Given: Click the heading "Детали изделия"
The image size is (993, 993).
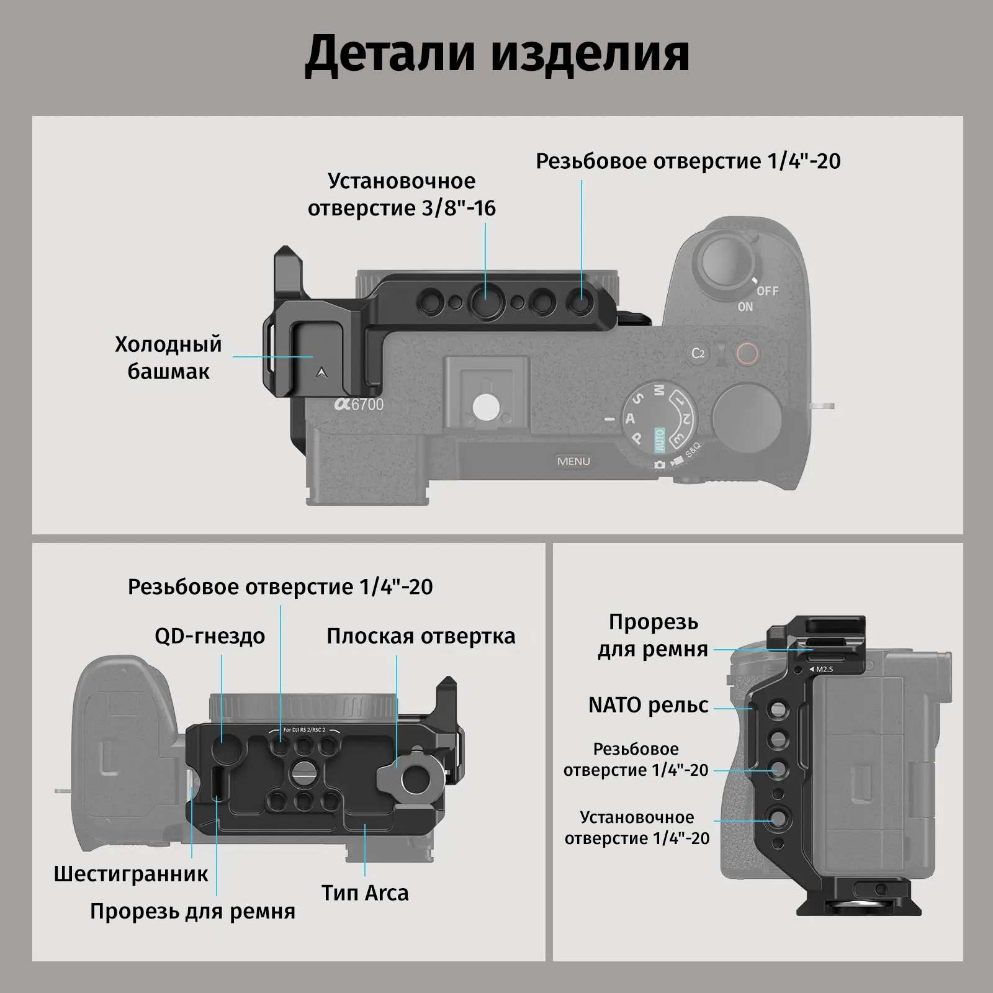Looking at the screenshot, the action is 496,54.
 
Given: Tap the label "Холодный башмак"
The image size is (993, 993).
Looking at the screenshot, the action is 168,357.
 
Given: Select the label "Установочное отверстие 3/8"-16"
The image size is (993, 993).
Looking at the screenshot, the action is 402,194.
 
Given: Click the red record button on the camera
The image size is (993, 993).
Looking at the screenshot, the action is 747,353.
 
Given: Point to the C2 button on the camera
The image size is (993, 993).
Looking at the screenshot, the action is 698,353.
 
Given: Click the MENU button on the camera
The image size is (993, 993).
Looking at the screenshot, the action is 573,461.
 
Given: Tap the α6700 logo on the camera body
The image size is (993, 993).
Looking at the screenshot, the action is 359,404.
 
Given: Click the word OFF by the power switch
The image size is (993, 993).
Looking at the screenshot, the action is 767,290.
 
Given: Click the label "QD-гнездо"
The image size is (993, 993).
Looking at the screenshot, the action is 210,636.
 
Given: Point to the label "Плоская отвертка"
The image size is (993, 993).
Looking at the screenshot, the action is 421,636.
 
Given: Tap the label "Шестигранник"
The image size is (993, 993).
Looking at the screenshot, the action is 131,874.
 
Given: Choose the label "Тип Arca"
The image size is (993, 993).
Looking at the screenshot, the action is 365,892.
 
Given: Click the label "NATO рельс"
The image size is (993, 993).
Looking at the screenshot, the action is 648,705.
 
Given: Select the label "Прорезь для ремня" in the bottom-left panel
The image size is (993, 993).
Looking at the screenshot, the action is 192,911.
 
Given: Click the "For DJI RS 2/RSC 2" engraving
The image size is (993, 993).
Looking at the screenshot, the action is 304,730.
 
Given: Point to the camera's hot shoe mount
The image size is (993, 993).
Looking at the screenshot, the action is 486,397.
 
